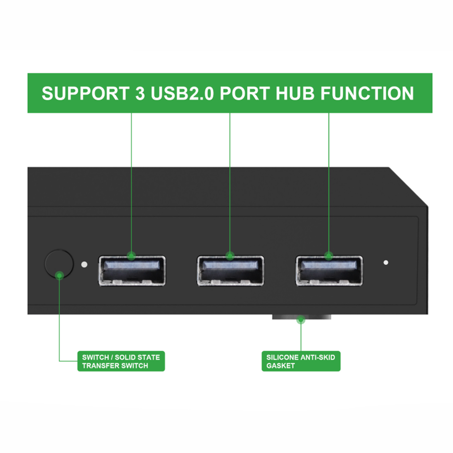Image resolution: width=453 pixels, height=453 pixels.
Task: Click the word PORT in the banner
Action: click(243, 93)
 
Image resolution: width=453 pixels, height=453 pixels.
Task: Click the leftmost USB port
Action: click(132, 270)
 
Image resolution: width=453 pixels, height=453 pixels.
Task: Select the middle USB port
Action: click(230, 270)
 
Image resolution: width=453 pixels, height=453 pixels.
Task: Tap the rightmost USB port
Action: click(329, 270)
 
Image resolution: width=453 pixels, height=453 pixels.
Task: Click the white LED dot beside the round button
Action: click(84, 264)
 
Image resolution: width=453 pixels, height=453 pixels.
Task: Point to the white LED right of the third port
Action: click(386, 262)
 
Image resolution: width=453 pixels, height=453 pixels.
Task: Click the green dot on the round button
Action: click(59, 275)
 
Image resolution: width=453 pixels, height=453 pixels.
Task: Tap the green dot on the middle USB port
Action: click(230, 256)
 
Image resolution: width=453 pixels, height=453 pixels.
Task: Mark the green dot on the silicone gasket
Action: click(301, 320)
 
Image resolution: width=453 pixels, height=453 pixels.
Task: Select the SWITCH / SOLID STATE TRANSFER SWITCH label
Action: click(121, 361)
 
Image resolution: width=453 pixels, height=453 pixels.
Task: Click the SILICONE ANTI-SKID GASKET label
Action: click(301, 361)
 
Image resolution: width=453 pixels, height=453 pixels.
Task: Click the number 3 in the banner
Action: click(137, 93)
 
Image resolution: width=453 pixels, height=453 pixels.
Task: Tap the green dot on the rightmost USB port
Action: click(329, 256)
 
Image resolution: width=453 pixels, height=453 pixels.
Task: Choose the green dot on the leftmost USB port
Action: click(132, 256)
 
